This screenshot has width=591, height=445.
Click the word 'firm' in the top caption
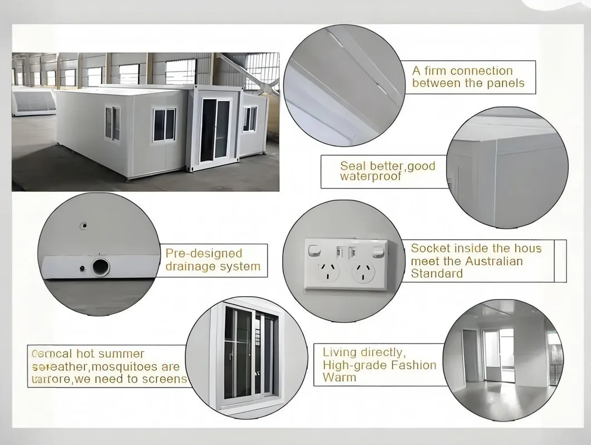[x=435, y=71]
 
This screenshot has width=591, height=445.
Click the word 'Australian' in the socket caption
[x=495, y=261]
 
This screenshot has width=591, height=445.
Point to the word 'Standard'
[x=437, y=273]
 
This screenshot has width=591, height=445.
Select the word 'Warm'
[x=339, y=378]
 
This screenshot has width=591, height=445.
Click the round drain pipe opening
[x=101, y=267]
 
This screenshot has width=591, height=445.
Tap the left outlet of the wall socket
[x=327, y=271]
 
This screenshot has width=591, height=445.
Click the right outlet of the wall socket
[x=364, y=272]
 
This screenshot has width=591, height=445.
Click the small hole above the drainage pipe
[x=84, y=225]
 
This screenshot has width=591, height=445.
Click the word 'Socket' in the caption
[x=430, y=249]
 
